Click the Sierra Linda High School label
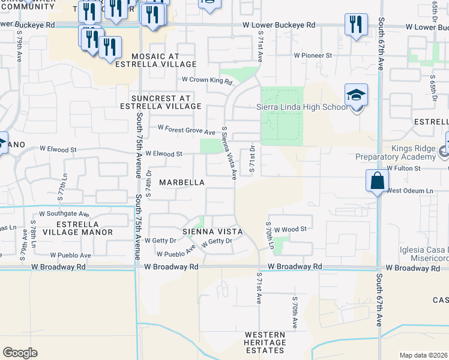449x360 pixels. click(301, 107)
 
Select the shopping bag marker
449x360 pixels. click(376, 181)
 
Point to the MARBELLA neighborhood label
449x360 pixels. click(182, 182)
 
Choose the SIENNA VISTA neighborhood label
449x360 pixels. click(212, 232)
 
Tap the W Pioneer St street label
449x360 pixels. click(313, 55)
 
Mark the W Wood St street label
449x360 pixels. click(291, 229)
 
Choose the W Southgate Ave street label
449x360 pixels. click(64, 213)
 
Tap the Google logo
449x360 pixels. click(20, 352)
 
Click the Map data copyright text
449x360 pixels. click(424, 355)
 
